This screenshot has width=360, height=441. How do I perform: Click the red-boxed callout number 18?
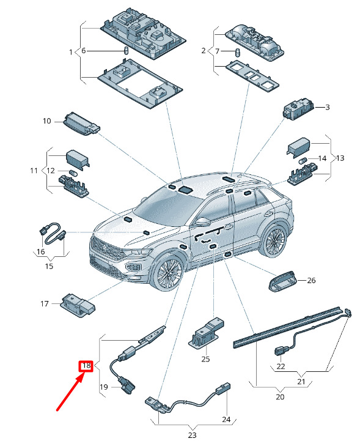coord(86,366)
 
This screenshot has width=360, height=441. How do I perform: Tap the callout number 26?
coord(311,280)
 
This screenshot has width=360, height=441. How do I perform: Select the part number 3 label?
coord(328,107)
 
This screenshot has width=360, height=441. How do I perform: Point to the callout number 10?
coord(47,121)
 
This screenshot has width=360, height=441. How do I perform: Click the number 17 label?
coord(45,304)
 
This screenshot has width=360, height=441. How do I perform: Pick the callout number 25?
coord(205,359)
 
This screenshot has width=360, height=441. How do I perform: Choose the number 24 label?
coord(226,420)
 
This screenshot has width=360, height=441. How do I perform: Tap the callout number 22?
coord(281,366)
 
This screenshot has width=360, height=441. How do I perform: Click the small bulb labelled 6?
coord(126,51)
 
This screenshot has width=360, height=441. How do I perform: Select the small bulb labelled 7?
coord(238,53)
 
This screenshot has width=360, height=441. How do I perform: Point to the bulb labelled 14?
coord(303,161)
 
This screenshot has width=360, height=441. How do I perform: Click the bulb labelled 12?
coord(72,172)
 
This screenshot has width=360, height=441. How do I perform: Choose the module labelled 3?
coord(298,109)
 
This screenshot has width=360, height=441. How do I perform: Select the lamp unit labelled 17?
coord(78,306)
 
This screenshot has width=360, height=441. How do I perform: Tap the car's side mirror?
coord(203,221)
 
